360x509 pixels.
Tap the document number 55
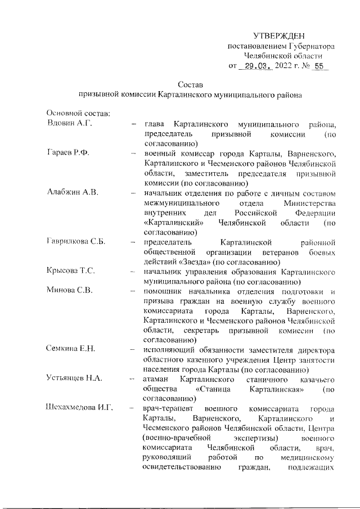[x=320, y=66]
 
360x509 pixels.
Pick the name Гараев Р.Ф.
[x=69, y=153]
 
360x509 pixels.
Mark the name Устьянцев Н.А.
[x=74, y=379]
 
